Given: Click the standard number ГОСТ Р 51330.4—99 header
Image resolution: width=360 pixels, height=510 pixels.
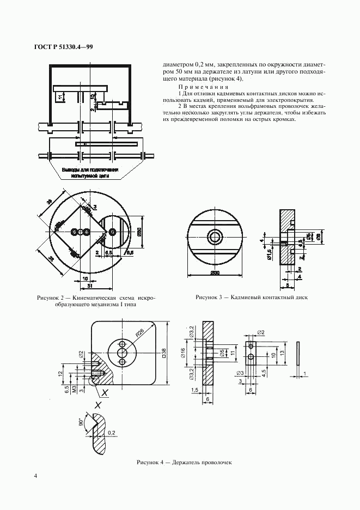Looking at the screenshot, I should (x=59, y=47).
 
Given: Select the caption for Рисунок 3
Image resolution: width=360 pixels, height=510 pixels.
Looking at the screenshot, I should (x=252, y=298).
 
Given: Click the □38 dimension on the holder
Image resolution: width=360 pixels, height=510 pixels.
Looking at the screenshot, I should (x=164, y=355).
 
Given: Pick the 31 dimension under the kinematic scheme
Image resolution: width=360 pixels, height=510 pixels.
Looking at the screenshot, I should (x=89, y=286).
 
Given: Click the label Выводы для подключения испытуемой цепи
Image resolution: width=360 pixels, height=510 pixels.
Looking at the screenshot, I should (x=90, y=173).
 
